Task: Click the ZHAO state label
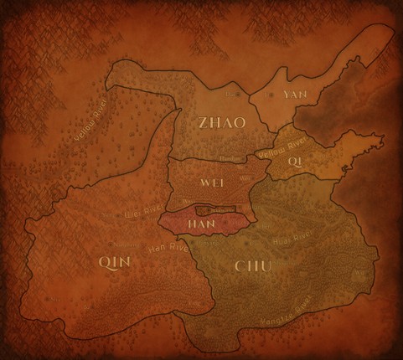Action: click(222, 123)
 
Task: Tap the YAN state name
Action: click(296, 95)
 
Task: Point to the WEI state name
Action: click(211, 181)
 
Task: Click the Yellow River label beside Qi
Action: click(282, 151)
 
